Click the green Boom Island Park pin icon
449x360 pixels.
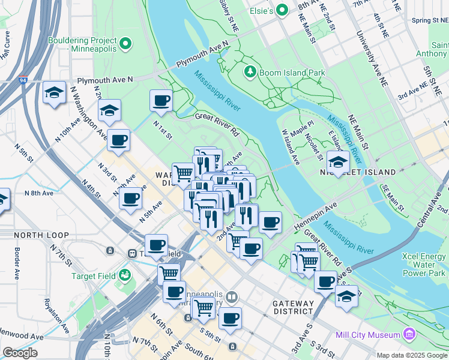tap(251, 72)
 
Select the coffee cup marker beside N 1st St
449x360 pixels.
tap(161, 101)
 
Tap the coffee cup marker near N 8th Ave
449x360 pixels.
tap(130, 199)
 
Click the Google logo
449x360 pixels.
tap(20, 352)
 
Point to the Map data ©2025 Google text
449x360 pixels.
tap(411, 355)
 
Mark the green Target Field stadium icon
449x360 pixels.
tap(125, 275)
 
